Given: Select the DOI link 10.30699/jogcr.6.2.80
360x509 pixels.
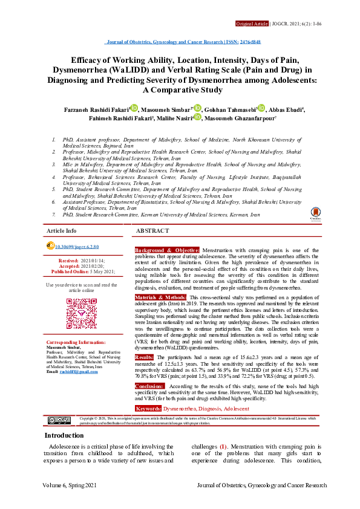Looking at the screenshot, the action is tap(76, 247).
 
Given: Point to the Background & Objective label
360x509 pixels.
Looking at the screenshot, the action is tap(167, 250).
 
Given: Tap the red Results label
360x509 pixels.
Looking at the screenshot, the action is tap(144, 358).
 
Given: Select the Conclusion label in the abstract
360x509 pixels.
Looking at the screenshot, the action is tap(149, 385).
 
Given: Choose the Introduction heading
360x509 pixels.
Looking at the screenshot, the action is tap(64, 435).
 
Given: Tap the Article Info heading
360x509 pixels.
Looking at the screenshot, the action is tap(62, 231).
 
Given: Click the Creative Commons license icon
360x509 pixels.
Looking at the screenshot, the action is tap(59, 420).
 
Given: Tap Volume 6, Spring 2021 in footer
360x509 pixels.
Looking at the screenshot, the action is tap(70, 485).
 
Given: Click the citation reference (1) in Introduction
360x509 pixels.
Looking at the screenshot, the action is tap(223, 447).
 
